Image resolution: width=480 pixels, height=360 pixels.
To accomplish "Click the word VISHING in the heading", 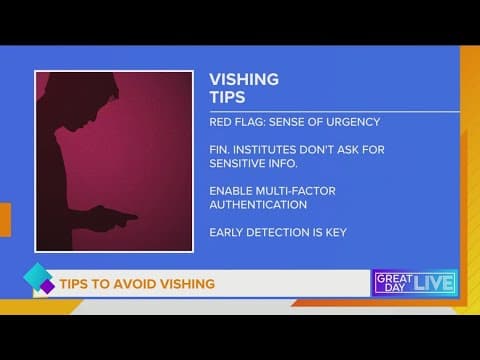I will click(244, 80).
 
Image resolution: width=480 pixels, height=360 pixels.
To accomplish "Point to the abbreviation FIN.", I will click(218, 150).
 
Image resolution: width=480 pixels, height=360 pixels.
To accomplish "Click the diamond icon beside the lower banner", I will click(37, 282).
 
